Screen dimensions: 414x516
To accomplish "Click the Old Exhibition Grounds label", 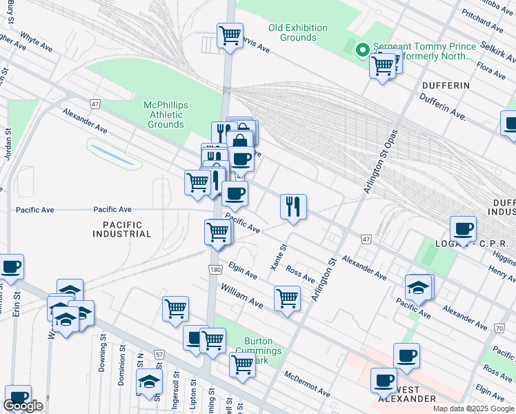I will click(297, 32).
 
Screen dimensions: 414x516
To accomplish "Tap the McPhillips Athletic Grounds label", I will click(166, 115).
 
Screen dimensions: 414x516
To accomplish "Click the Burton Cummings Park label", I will click(258, 351).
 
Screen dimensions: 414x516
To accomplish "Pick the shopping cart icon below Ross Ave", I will click(287, 298).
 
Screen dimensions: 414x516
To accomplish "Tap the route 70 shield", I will click(498, 328).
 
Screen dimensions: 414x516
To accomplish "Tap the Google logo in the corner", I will click(23, 406).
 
